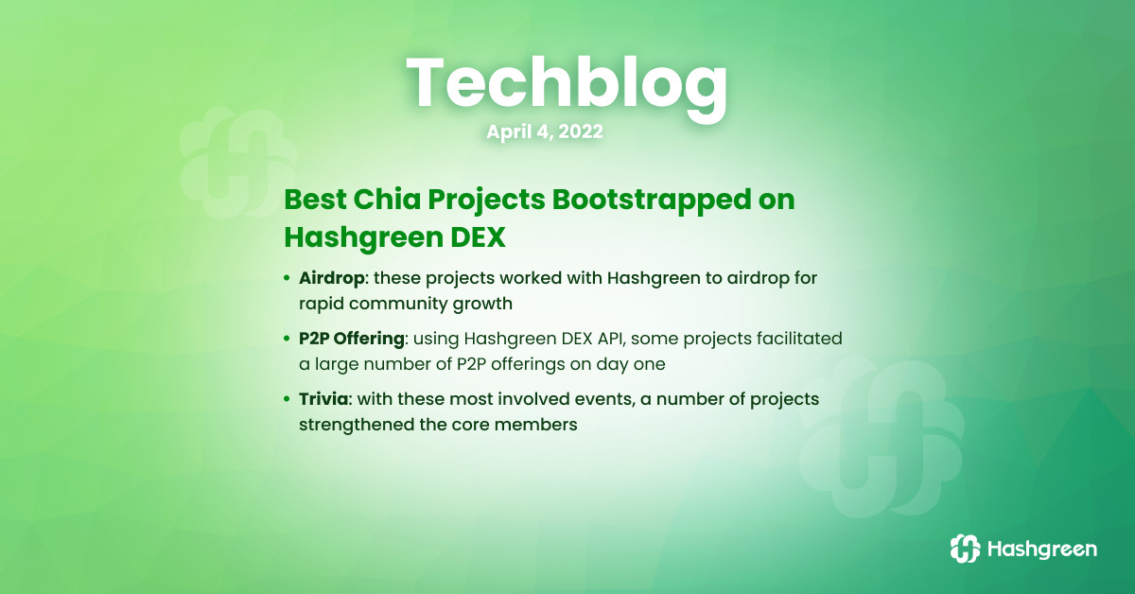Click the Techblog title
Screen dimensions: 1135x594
coord(567,86)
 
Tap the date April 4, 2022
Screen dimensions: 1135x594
coord(545,131)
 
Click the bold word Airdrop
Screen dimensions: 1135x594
coord(331,278)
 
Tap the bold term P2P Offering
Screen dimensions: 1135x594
coord(352,339)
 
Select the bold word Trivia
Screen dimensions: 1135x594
coord(323,399)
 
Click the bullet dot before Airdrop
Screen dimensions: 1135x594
coord(287,278)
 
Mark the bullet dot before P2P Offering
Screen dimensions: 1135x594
coord(287,338)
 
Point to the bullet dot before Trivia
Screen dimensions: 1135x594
coord(287,399)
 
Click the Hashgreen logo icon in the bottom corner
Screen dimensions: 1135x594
coord(965,549)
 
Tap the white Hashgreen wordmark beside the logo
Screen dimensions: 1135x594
coord(1042,550)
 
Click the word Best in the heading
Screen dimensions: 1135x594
coord(315,200)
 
